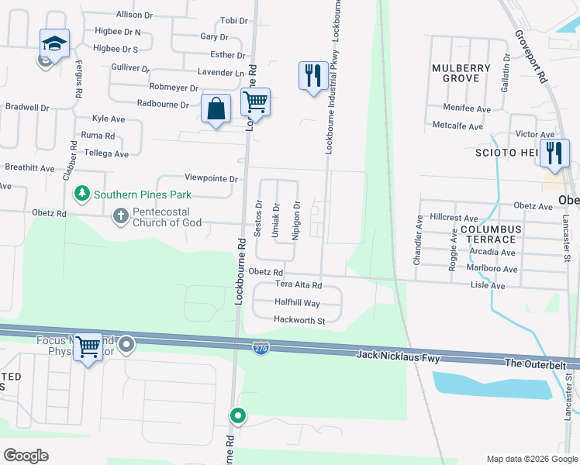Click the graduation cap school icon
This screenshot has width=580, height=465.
tap(55, 43)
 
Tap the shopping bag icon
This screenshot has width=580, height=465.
tap(216, 109)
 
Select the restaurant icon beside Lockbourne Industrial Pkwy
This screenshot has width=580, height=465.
tap(313, 76)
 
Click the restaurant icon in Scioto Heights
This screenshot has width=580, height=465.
tap(554, 152)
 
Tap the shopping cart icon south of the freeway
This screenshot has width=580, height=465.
tap(88, 347)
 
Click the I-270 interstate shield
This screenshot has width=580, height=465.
tap(261, 348)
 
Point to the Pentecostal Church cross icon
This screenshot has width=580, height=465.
tap(120, 215)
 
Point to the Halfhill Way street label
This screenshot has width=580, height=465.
tap(298, 303)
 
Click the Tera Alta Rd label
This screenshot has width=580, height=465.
tap(299, 285)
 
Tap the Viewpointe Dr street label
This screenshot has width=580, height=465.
tap(211, 178)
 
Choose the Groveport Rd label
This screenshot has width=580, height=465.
tap(531, 57)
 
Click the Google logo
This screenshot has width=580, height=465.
tap(26, 455)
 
